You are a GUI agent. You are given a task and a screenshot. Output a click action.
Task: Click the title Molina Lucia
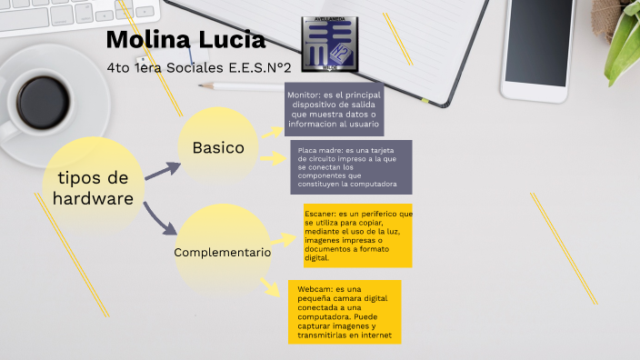pos(185,41)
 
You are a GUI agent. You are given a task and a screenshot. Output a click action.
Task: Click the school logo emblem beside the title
pos(327,46)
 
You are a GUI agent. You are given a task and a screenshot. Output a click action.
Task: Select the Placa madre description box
pos(350,166)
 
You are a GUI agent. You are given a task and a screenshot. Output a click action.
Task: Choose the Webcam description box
pos(344,312)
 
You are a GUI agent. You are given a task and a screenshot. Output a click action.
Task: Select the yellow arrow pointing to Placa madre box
pos(274,157)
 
